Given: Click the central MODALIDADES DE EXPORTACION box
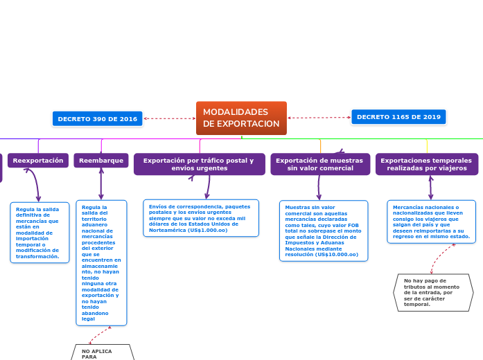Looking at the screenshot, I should (241, 118).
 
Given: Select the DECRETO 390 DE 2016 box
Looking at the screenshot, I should (97, 119).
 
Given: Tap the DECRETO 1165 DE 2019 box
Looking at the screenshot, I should (398, 117).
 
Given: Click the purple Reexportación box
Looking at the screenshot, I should (38, 161).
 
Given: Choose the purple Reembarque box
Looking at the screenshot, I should (101, 161).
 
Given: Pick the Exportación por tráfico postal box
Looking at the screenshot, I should (199, 164).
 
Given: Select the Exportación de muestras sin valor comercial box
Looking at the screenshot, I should (320, 164).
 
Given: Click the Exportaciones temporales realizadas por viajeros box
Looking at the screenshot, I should (426, 164).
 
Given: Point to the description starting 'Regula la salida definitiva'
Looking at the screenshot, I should (39, 232).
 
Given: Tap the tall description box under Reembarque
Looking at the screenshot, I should (101, 262).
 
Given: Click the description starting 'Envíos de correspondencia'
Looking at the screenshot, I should (201, 218).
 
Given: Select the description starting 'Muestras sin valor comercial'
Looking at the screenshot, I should (323, 231).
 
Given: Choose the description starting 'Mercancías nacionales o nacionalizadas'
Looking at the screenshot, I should (431, 222).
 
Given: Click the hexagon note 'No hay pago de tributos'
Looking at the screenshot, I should (432, 291).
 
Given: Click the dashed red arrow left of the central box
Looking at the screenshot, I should (170, 118).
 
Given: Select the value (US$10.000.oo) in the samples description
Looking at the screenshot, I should (336, 254).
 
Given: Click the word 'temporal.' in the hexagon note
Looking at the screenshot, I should (416, 304).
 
